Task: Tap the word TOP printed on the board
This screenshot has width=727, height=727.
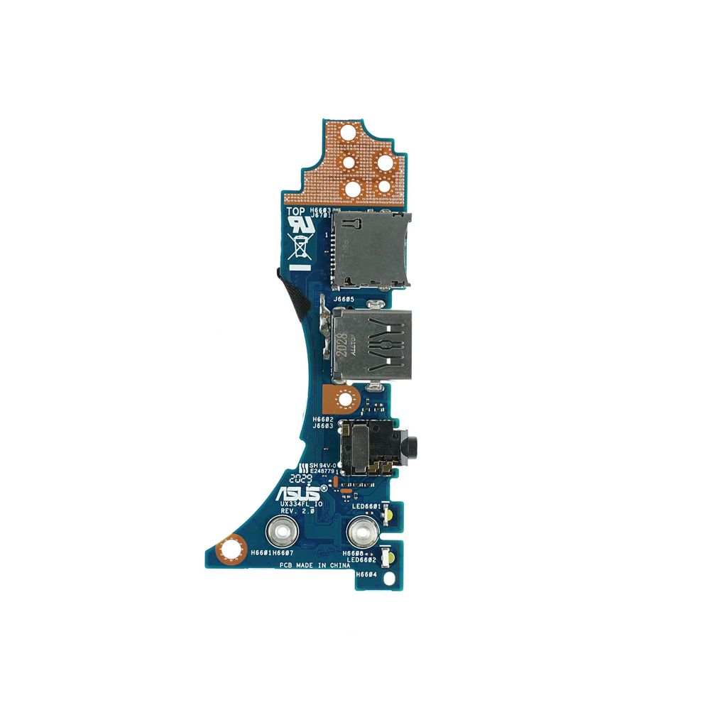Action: pos(296,211)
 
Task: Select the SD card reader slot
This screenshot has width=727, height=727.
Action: pos(371,250)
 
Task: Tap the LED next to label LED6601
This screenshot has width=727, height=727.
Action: pos(389,514)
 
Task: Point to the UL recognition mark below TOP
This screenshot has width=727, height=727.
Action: pos(298,226)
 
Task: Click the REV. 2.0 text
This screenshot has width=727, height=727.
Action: pos(297,511)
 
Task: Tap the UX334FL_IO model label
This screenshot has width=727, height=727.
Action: pos(302,503)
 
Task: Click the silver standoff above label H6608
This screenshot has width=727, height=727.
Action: pos(361,531)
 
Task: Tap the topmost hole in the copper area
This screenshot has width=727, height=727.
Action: pos(348,133)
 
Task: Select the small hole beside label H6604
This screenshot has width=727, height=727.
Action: pos(389,577)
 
